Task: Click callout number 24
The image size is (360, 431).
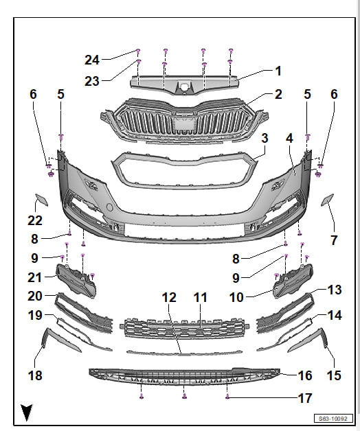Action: (x=92, y=60)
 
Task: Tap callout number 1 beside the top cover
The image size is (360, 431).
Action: (x=278, y=71)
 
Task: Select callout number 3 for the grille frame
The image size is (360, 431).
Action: (x=265, y=138)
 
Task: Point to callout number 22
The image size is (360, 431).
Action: (x=35, y=220)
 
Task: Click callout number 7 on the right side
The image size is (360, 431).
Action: (x=334, y=240)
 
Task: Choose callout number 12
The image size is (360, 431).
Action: (x=169, y=297)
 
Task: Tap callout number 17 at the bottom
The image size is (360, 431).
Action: (x=305, y=398)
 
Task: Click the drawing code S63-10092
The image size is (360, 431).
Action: (x=333, y=419)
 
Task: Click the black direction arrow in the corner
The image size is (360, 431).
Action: (x=27, y=412)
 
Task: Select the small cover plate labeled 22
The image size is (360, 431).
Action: (x=41, y=200)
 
